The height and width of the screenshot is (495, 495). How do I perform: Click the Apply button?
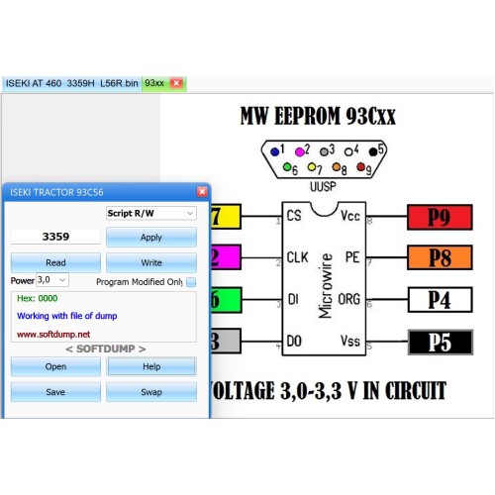point(151,237)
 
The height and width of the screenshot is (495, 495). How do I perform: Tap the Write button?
point(151,262)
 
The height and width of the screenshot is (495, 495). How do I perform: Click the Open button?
point(55,366)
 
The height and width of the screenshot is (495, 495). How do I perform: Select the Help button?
point(151,366)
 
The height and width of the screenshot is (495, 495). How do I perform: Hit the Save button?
point(55,392)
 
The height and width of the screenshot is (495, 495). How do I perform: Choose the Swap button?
point(151,392)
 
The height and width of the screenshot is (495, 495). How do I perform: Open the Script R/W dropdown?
point(151,213)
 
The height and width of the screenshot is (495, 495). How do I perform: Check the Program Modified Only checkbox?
point(191,282)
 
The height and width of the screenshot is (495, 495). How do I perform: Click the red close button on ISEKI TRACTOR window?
point(202,192)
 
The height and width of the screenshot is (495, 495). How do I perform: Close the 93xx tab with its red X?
point(176,83)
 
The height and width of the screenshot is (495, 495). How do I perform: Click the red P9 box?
point(440,217)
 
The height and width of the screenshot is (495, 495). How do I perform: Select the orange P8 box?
point(440,257)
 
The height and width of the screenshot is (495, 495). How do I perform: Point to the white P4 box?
point(440,300)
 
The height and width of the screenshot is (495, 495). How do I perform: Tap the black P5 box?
point(441,343)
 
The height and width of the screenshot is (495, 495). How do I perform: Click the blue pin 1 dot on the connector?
point(274,151)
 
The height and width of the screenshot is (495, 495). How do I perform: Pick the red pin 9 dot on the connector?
point(360,167)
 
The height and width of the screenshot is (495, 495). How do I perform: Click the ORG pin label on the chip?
point(348,299)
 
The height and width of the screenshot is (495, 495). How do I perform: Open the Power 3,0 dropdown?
point(52,280)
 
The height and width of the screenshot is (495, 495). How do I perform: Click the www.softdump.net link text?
point(53,335)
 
